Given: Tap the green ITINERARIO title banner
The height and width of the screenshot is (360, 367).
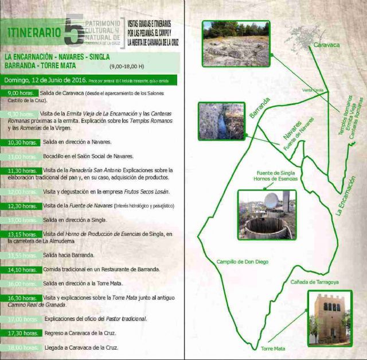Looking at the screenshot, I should (33, 32).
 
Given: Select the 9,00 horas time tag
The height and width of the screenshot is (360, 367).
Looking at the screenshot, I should (22, 93).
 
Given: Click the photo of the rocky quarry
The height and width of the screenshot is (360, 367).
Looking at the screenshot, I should (236, 43).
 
